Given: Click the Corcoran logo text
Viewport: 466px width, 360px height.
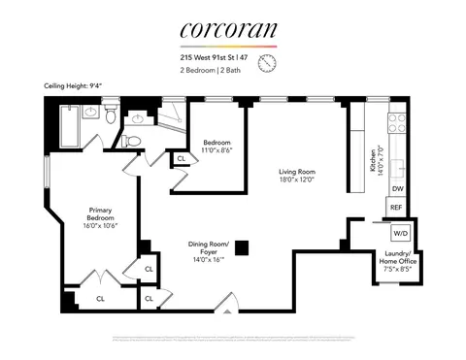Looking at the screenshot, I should (229, 31).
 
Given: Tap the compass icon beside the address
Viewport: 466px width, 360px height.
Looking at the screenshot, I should (267, 61).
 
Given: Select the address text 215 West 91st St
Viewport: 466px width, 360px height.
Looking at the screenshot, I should (216, 55).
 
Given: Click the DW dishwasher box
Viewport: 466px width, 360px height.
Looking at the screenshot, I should (397, 189).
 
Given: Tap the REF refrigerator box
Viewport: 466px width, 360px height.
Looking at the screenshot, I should (396, 208).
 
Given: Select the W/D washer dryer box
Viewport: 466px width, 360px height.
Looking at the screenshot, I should (400, 234).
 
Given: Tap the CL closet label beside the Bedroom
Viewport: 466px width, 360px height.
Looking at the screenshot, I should (182, 158).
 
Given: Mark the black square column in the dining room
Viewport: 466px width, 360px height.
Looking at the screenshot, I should (241, 246).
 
